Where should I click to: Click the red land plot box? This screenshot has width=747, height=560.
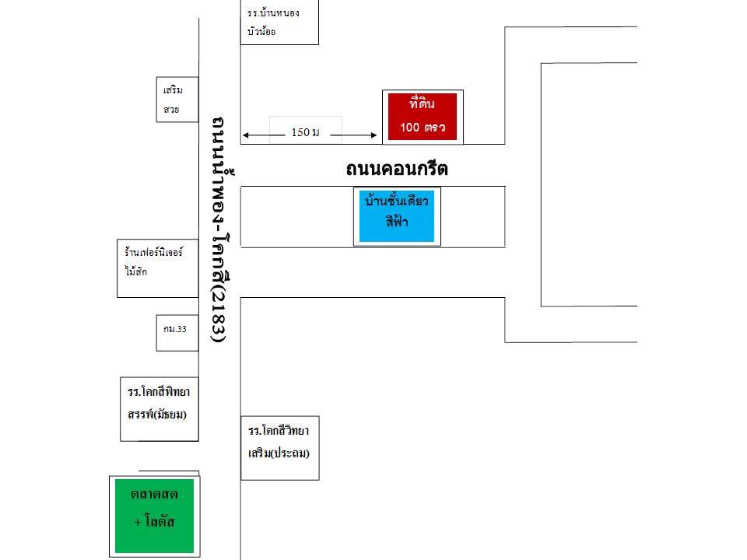(423, 117)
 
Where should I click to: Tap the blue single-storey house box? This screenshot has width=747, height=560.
(397, 216)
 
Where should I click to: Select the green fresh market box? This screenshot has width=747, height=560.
(154, 516)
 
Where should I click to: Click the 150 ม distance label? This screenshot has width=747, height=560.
(305, 132)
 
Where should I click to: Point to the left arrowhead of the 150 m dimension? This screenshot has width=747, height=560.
(245, 136)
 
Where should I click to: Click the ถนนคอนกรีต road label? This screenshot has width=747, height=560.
(397, 169)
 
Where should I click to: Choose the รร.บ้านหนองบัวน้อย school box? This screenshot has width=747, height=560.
(279, 23)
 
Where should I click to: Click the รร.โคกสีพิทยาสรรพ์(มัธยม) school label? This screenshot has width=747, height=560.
(159, 401)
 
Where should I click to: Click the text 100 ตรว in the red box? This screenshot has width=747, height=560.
(423, 128)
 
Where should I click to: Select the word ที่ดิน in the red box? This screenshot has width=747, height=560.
(422, 103)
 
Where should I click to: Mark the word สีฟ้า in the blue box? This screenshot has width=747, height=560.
(397, 222)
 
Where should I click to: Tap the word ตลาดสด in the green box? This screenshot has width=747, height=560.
(154, 495)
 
